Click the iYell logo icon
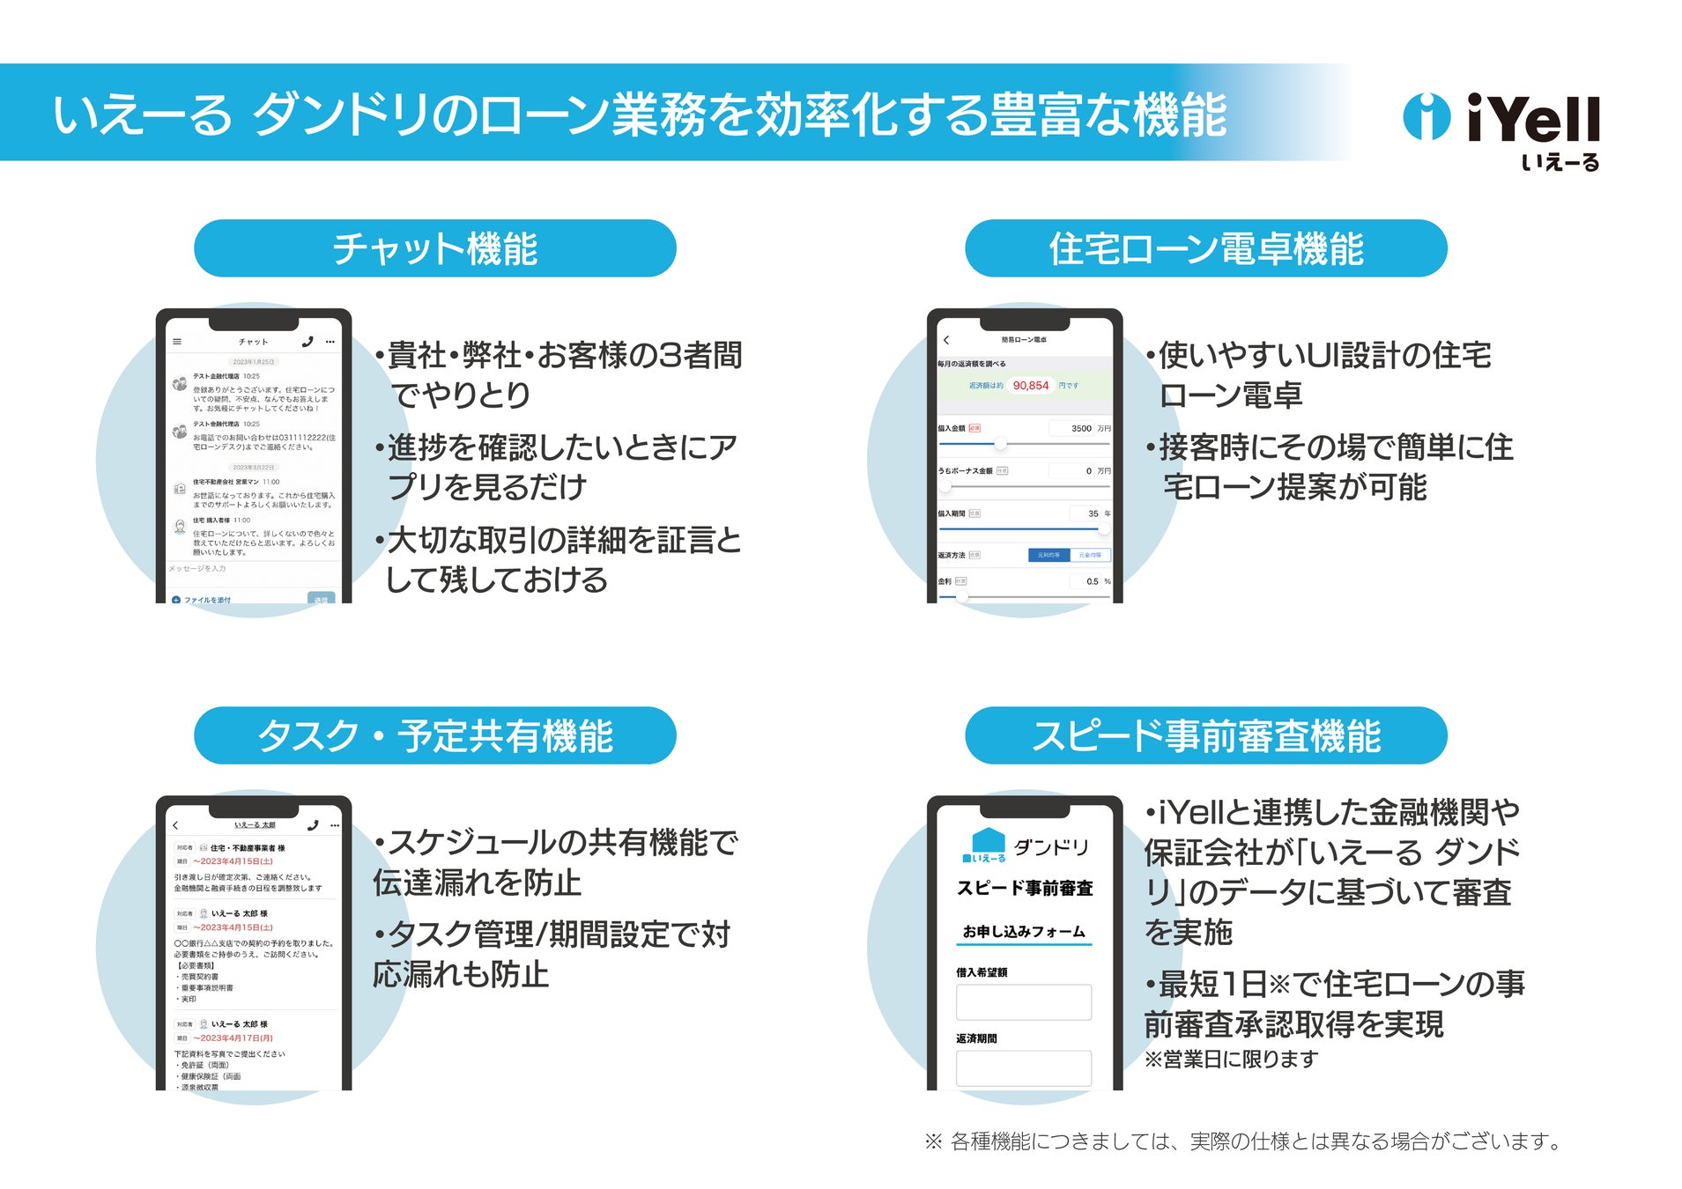point(1425,116)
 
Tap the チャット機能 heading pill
point(434,248)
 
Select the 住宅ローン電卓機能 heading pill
point(1205,248)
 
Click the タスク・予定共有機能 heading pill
point(434,735)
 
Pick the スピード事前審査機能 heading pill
point(1205,735)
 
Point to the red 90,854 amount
point(1030,386)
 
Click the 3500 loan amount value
point(1080,428)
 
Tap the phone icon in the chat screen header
point(307,342)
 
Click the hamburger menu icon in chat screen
point(177,342)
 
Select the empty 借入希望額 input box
point(1023,1002)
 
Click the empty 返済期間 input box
point(1023,1067)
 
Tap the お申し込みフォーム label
point(1023,931)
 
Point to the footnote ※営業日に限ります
point(1231,1060)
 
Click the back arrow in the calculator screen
point(946,340)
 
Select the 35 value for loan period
point(1093,513)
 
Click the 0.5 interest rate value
point(1092,581)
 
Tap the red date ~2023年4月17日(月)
point(233,1038)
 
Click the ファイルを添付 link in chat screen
point(206,600)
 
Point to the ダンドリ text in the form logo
point(1051,847)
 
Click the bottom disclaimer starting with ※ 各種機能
point(1242,1141)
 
